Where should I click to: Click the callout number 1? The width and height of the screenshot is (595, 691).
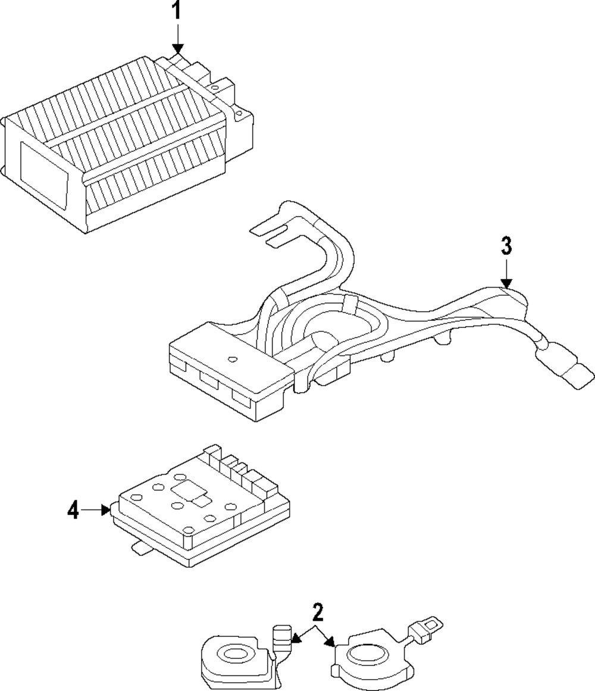click(x=176, y=12)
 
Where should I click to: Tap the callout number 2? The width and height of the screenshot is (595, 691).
click(x=318, y=611)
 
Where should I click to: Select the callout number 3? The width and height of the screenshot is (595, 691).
click(x=506, y=245)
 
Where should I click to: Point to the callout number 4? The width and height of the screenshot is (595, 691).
click(x=73, y=510)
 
